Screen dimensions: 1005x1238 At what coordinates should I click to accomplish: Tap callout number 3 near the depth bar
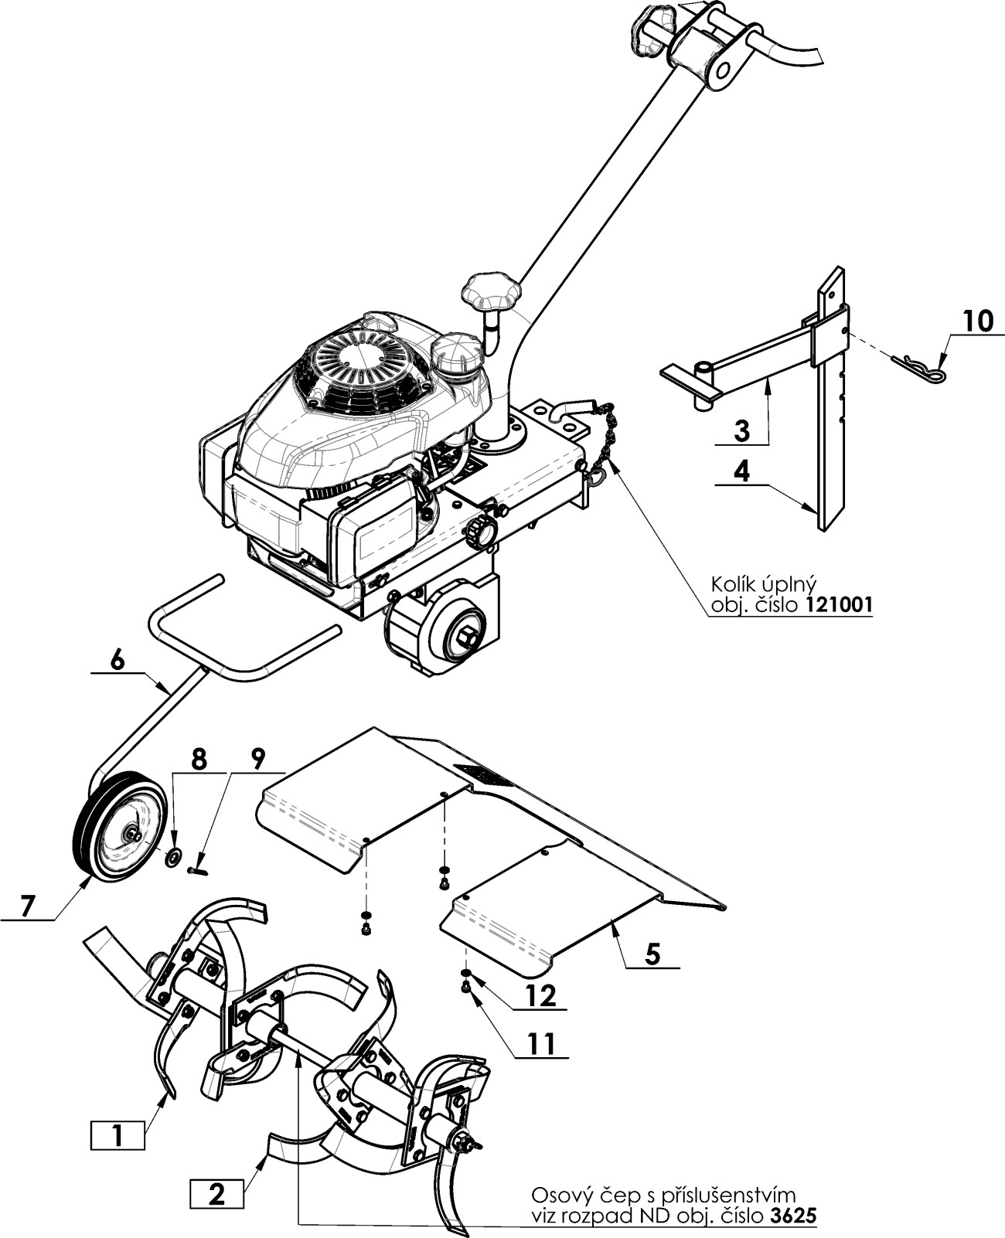[742, 431]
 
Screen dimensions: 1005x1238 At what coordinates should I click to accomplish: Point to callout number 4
[742, 471]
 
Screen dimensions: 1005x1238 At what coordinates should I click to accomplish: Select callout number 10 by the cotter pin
[979, 321]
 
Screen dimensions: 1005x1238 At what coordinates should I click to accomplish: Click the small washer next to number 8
[173, 856]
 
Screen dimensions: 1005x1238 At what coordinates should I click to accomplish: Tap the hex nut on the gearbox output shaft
[468, 639]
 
